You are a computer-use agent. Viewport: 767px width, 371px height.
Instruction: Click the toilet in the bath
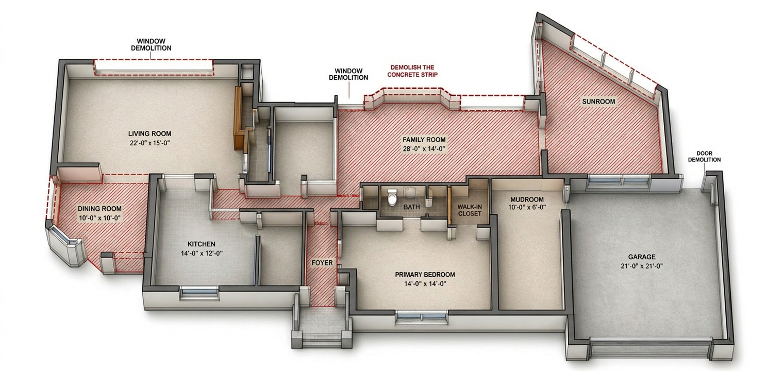pos(392,197)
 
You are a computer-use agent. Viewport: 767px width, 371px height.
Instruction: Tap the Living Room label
pos(149,134)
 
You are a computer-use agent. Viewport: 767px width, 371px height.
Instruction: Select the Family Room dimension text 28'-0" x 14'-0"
pos(424,149)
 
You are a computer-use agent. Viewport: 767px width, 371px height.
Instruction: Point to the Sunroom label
pos(598,102)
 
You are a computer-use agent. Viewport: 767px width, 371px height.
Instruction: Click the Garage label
pos(642,257)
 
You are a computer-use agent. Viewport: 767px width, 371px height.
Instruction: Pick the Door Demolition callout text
pos(704,157)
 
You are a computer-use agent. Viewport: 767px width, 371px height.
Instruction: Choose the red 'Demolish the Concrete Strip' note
pos(412,71)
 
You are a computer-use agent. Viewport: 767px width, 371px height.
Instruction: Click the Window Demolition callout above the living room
pos(151,45)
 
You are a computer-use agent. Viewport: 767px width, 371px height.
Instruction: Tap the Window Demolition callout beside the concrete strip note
pos(348,74)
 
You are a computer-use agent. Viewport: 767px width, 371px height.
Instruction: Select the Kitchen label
pos(202,244)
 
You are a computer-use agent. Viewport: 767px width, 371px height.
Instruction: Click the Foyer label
pos(322,263)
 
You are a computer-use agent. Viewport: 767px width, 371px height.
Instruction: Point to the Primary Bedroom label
pos(425,275)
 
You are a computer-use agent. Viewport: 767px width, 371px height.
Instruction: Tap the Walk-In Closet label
pos(470,210)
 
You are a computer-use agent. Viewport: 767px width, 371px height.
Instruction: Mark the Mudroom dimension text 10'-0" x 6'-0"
pos(527,208)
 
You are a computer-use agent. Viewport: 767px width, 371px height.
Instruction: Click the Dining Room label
pos(99,209)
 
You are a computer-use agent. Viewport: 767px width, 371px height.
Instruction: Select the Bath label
pos(411,207)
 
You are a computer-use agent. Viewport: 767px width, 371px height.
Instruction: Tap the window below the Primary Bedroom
pos(422,318)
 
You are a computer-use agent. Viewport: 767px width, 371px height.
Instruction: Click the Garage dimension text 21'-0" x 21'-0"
pos(642,266)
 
